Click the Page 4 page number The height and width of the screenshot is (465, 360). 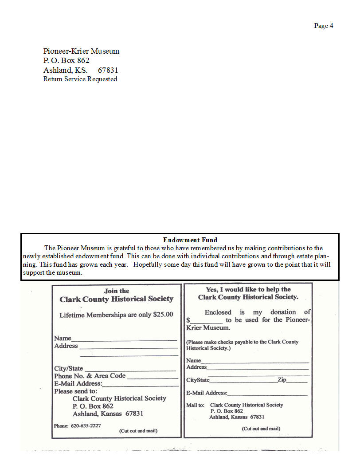click(x=323, y=26)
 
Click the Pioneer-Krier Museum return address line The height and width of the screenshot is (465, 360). click(x=81, y=51)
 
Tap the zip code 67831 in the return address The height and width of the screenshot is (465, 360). click(x=108, y=70)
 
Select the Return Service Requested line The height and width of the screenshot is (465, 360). click(x=80, y=79)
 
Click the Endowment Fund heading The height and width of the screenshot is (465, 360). click(x=190, y=240)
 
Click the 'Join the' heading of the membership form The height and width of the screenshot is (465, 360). click(x=117, y=291)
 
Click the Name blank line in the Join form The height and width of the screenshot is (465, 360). click(x=124, y=339)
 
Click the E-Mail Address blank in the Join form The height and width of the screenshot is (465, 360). click(x=141, y=385)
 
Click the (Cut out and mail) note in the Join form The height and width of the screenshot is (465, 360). click(x=138, y=431)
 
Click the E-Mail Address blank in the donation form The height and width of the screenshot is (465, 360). click(x=267, y=394)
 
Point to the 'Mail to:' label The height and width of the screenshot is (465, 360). click(x=195, y=405)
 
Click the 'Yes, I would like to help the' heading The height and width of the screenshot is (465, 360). click(x=248, y=289)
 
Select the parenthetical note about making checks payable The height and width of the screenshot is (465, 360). click(x=242, y=345)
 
